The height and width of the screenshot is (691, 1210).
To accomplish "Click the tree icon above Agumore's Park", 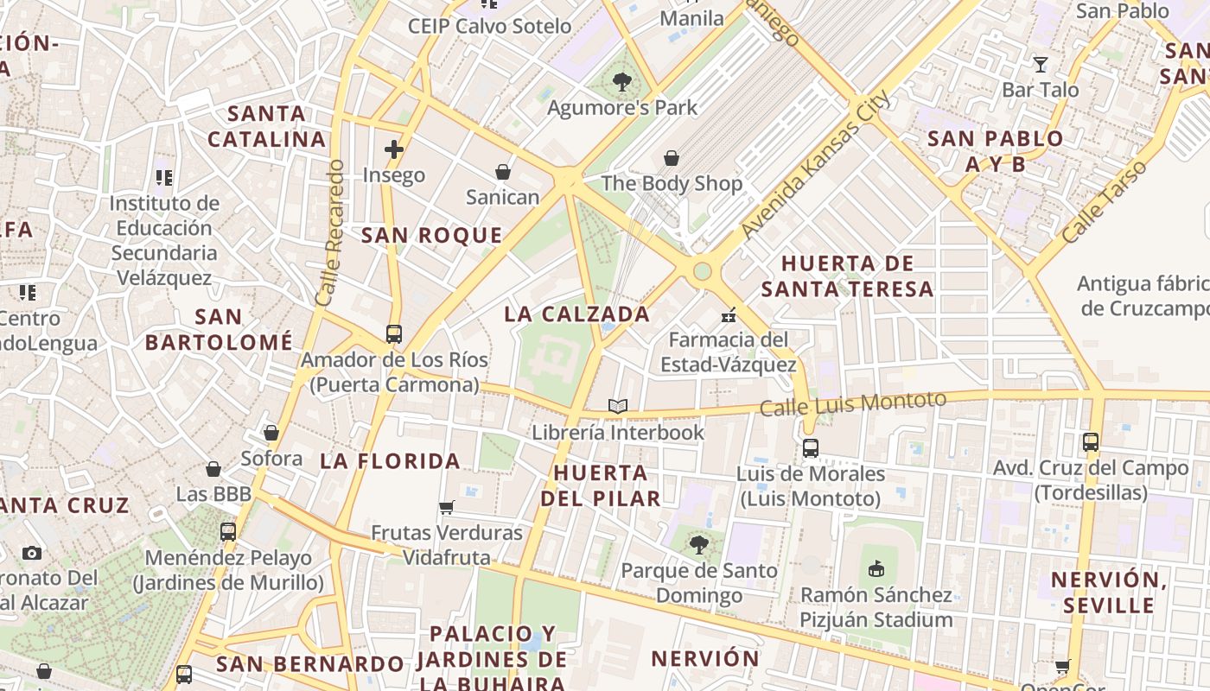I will point(621,83).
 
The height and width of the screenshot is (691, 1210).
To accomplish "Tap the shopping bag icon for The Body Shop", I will point(672,158).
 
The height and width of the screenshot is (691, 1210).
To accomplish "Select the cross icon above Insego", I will point(394,149).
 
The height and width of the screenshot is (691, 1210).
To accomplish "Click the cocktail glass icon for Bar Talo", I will point(1041,65).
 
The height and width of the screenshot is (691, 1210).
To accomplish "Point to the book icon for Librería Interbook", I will point(617,406).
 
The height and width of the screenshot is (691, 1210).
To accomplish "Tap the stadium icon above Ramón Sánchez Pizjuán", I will point(876,568).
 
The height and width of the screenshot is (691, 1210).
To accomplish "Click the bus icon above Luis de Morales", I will point(810,448).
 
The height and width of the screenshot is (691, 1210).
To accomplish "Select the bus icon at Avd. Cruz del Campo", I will point(1091,442).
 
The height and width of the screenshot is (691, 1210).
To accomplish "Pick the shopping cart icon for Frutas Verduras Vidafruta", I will point(447,507).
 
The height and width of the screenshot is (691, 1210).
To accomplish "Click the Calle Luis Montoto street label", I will point(853,403).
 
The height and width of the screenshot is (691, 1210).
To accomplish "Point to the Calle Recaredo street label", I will point(329,232).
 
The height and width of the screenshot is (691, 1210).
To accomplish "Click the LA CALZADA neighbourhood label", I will point(576,314).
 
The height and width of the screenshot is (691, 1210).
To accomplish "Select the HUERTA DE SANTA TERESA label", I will point(847,276).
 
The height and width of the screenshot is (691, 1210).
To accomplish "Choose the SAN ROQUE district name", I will point(431,235).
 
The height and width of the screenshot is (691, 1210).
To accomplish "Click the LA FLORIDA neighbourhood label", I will point(390,461).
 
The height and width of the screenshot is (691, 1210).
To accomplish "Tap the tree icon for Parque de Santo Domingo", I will point(698,545).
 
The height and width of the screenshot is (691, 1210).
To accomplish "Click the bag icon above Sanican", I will point(502,172).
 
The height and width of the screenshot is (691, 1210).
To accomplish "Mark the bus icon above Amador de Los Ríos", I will point(394,333).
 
